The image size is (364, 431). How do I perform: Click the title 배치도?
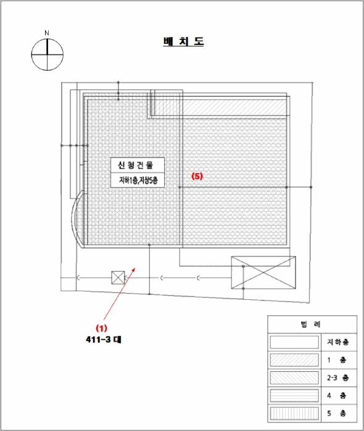pos(183,42)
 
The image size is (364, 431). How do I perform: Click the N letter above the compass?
pos(47,33)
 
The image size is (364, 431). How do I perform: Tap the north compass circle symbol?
pos(48,54)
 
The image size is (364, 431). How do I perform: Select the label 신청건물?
pos(136,165)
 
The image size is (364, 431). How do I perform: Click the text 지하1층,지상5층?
pos(138,180)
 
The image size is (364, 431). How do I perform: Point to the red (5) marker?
pos(197,176)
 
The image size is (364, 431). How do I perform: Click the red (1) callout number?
pos(101,328)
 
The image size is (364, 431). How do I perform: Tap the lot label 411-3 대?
pos(104,340)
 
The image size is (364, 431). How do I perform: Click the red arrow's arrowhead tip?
pos(135,267)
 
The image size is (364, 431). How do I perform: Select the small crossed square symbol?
pos(118,278)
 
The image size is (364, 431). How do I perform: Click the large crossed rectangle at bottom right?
pos(263,272)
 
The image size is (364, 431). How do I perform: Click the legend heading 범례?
pos(310,324)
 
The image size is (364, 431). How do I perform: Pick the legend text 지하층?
pos(338,342)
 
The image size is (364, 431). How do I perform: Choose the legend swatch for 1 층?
pos(294,360)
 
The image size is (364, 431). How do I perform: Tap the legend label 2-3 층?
pos(338,377)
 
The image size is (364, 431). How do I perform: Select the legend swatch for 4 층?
pos(294,395)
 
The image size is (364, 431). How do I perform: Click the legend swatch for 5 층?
pos(294,413)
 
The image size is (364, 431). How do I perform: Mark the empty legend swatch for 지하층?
pos(294,342)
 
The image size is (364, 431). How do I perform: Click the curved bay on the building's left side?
pos(73,219)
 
